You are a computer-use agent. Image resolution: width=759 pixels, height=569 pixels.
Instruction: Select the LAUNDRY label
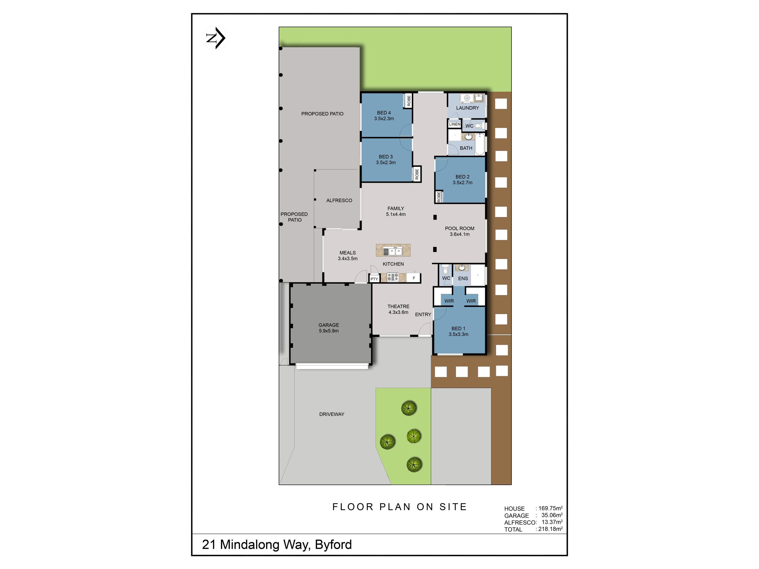coord(467,108)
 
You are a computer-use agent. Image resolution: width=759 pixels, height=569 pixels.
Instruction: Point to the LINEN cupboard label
coord(455,124)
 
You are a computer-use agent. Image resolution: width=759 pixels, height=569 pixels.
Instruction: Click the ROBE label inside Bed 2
coord(439,197)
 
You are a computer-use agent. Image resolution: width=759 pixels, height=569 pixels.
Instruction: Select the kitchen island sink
coord(393,251)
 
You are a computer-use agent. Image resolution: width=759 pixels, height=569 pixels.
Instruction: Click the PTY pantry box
coord(374,279)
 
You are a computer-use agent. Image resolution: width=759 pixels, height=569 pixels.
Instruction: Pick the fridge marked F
coord(413,278)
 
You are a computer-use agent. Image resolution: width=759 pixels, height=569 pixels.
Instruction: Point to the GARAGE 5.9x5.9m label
coord(329,328)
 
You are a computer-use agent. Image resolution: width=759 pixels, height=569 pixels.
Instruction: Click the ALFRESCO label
coord(339,200)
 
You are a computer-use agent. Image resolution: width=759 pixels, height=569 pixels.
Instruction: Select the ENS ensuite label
coord(463,279)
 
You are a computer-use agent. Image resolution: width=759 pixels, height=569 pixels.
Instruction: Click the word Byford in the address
coord(333,545)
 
